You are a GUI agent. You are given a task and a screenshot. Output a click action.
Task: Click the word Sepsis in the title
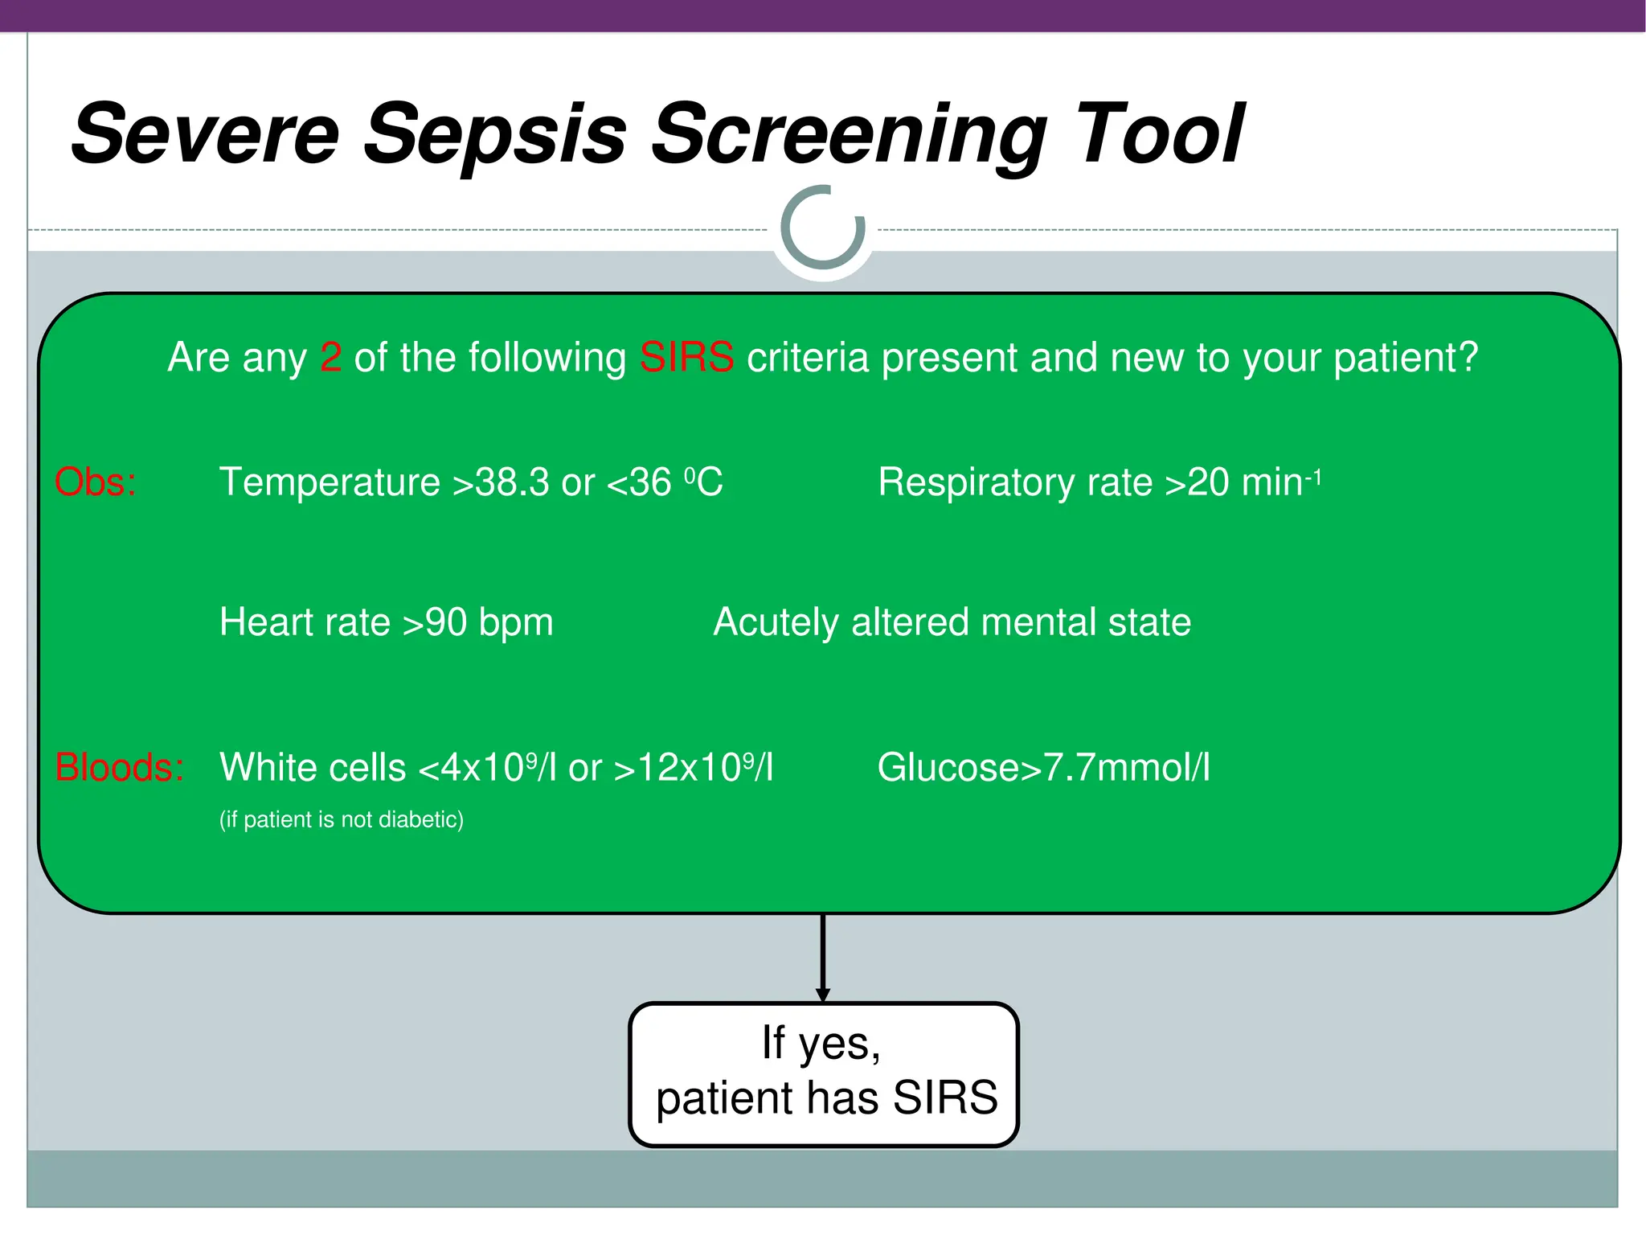(494, 135)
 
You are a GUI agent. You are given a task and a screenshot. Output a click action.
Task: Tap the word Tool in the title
(1157, 135)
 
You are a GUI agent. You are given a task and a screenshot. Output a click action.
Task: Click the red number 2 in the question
(330, 358)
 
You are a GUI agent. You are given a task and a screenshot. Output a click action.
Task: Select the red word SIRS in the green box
(686, 358)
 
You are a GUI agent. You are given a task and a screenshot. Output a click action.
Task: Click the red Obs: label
(95, 483)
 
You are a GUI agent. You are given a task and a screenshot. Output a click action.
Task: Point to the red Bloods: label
(119, 768)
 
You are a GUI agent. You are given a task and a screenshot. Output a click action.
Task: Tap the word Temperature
(330, 483)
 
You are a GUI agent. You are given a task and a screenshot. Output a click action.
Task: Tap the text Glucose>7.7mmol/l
(1043, 768)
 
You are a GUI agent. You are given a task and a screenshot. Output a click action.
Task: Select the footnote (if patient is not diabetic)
(342, 820)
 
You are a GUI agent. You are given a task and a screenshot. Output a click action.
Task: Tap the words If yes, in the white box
(821, 1044)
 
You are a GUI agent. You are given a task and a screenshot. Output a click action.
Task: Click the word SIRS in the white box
(944, 1098)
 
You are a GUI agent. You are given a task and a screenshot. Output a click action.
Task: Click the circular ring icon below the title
(823, 228)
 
